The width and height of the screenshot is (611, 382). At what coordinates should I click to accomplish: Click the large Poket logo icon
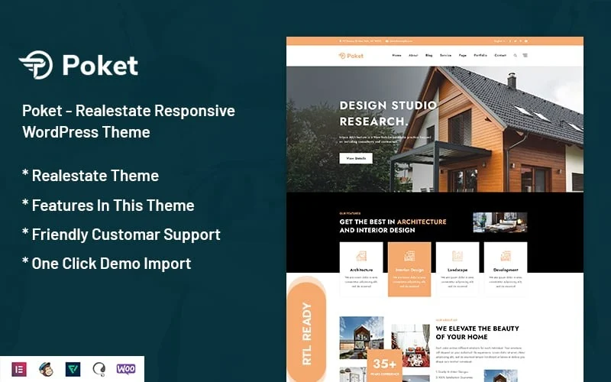[37, 65]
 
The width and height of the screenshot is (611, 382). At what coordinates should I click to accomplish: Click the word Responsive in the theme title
[194, 111]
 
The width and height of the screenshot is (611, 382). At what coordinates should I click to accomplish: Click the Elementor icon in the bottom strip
[20, 369]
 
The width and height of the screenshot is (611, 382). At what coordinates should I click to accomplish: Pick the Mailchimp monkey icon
[47, 369]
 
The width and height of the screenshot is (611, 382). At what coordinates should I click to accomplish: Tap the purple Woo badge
[126, 369]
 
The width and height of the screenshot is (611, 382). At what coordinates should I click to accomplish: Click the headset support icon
[99, 369]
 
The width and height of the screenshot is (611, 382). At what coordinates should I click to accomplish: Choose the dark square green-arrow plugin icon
[73, 369]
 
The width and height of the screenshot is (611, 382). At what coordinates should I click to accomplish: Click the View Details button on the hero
[356, 158]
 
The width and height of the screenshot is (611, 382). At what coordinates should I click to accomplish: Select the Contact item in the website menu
[500, 56]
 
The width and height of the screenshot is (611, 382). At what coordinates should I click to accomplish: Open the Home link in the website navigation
[396, 56]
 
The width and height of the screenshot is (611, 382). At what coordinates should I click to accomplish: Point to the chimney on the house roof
[512, 80]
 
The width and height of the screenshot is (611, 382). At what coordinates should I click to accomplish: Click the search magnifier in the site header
[515, 56]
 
